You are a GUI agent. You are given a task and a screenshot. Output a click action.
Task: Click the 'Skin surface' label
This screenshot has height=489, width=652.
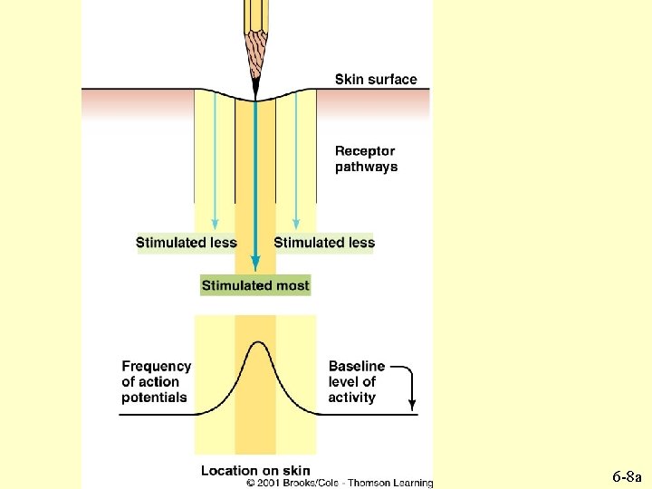pos(376,80)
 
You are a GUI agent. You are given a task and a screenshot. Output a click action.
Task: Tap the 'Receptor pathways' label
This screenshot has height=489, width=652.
pos(366,159)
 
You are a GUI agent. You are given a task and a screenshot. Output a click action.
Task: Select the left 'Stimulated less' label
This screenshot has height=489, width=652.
pos(186,243)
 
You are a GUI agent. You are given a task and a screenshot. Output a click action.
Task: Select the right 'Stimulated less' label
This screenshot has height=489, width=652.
pos(324,243)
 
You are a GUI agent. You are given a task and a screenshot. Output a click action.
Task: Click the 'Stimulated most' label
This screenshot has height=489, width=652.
pos(255,285)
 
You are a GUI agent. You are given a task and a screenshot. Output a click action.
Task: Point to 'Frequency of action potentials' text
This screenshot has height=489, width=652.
pos(157,381)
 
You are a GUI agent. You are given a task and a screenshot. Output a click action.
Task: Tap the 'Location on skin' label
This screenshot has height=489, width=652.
pos(255,470)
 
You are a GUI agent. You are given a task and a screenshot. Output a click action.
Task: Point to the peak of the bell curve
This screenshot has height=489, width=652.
pos(256,342)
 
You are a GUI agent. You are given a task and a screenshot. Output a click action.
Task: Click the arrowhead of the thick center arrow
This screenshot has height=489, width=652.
pos(255,264)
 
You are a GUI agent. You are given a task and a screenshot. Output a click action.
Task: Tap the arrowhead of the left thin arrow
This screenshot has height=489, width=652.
pos(215,224)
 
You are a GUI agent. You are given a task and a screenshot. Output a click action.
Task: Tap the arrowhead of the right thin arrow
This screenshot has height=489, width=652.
pos(296,224)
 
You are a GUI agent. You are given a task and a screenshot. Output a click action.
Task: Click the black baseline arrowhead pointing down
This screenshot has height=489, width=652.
pos(412,405)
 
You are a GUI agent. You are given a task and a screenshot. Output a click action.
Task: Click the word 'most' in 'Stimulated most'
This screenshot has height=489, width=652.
pos(292,285)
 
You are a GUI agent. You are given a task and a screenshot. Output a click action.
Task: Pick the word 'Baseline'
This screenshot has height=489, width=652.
pos(356,366)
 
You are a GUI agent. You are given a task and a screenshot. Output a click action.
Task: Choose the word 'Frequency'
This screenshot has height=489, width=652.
pos(157,366)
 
